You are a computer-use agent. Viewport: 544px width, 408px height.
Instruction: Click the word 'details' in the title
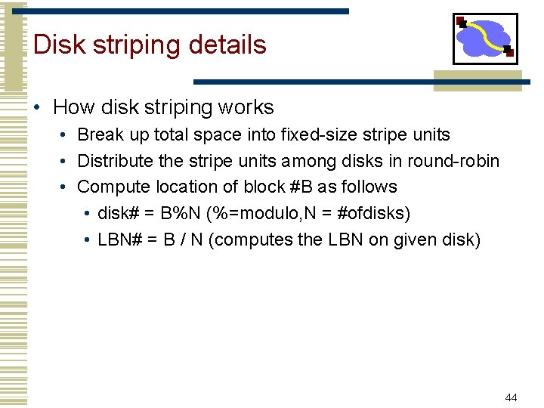tap(227, 45)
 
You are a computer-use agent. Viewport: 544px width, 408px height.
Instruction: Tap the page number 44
tap(511, 397)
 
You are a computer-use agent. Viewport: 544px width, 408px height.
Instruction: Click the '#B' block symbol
tap(301, 187)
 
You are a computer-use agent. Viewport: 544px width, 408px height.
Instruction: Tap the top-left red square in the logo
tap(460, 20)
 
